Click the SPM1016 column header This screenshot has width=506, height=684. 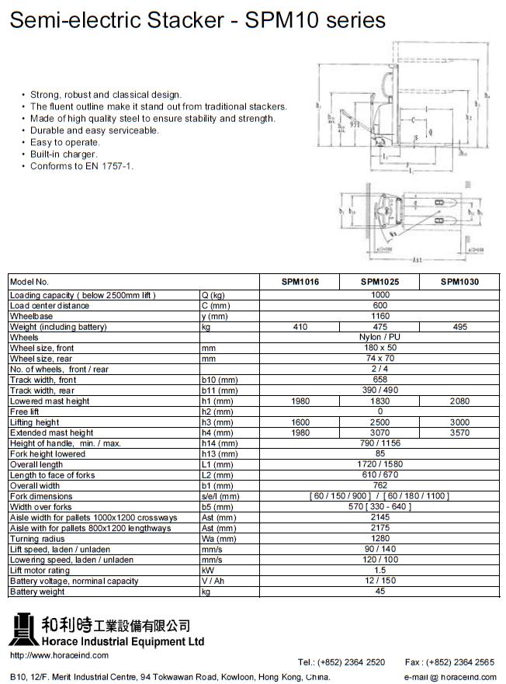300,282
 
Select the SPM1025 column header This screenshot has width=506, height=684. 379,282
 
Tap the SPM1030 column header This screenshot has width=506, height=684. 459,282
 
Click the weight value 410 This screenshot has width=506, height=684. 300,328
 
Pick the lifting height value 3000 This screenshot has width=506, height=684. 459,422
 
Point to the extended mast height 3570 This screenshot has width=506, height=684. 459,432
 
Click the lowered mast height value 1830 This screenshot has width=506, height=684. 379,401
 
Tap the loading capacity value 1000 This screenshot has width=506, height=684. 379,295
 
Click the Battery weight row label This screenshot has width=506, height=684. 37,592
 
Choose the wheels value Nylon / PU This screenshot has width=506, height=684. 379,338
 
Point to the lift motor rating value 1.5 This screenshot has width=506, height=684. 379,570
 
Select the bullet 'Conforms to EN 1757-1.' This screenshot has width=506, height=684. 81,166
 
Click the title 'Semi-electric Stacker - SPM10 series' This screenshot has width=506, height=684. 197,21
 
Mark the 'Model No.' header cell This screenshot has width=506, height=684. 29,282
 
